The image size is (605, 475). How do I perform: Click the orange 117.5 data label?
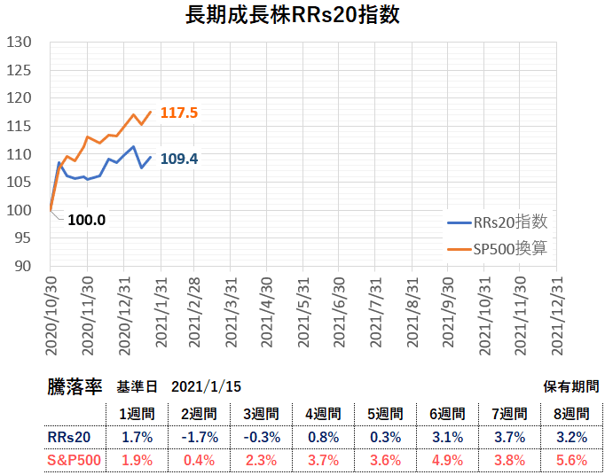tap(178, 113)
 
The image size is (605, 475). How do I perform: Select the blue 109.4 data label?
tap(178, 160)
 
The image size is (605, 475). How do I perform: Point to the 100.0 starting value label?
tap(86, 220)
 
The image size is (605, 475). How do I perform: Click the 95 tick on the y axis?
tap(21, 237)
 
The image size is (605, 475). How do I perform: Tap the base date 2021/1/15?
tap(206, 387)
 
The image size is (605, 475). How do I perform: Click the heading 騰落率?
tap(75, 387)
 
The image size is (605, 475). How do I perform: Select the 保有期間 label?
tap(570, 387)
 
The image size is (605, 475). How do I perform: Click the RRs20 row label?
tap(69, 436)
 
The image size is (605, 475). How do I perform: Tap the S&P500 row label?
tap(74, 460)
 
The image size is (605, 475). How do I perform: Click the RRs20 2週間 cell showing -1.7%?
tap(197, 436)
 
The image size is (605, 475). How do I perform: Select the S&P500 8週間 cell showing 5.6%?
tap(570, 460)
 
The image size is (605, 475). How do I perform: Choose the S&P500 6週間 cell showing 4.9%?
tap(446, 460)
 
